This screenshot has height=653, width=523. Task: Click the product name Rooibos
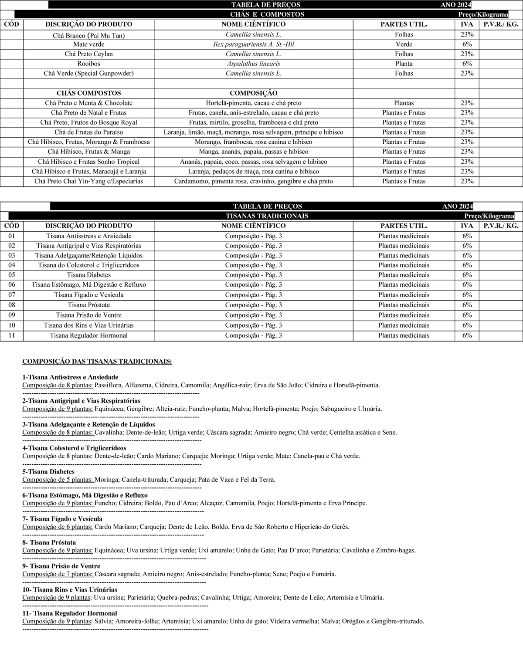[89, 64]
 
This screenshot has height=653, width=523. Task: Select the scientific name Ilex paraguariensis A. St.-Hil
[253, 44]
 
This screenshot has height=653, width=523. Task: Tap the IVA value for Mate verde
[467, 44]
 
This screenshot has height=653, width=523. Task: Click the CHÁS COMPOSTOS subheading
[89, 93]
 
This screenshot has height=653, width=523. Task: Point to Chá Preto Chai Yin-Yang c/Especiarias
[89, 181]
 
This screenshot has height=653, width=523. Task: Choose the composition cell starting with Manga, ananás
[253, 152]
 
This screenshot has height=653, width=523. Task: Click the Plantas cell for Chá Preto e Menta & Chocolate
[404, 103]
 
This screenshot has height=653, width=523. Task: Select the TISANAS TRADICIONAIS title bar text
[267, 216]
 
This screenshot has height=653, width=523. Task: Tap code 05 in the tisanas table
[12, 275]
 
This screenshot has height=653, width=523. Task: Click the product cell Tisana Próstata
[89, 305]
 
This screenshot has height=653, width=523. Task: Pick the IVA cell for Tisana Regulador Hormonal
[467, 335]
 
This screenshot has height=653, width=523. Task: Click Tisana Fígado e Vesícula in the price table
[89, 295]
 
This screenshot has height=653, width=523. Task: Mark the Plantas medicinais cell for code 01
[404, 236]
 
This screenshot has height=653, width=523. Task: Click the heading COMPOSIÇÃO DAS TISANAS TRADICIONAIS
[97, 362]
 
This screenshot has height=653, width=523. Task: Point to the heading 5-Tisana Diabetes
[48, 472]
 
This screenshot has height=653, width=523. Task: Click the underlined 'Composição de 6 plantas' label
[58, 527]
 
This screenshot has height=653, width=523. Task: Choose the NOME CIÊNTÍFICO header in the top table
[253, 24]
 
